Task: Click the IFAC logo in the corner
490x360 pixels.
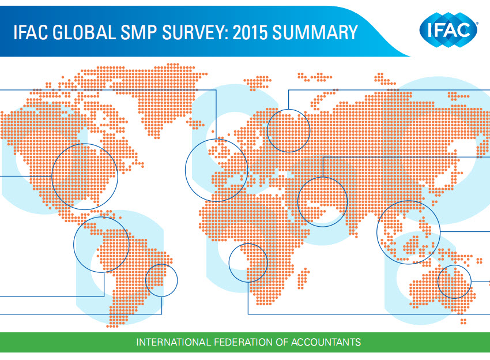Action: pyautogui.click(x=448, y=30)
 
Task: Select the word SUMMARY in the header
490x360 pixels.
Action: pyautogui.click(x=315, y=32)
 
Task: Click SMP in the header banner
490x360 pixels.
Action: pyautogui.click(x=138, y=32)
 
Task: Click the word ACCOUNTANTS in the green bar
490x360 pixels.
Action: pyautogui.click(x=326, y=342)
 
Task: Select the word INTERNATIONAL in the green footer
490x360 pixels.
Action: pyautogui.click(x=174, y=342)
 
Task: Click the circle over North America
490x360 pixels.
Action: pyautogui.click(x=52, y=177)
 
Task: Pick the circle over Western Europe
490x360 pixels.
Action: pyautogui.click(x=185, y=170)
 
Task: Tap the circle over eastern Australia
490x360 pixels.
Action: pyautogui.click(x=438, y=282)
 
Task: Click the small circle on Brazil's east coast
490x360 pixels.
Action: pyautogui.click(x=146, y=280)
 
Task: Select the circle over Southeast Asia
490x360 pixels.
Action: pyautogui.click(x=377, y=232)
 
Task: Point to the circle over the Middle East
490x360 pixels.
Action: pyautogui.click(x=298, y=202)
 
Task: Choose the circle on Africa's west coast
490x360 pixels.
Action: pyautogui.click(x=229, y=262)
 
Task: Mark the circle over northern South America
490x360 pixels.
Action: pyautogui.click(x=74, y=245)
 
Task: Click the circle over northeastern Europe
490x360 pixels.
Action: pyautogui.click(x=267, y=131)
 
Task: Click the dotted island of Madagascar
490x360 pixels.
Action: pyautogui.click(x=303, y=278)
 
